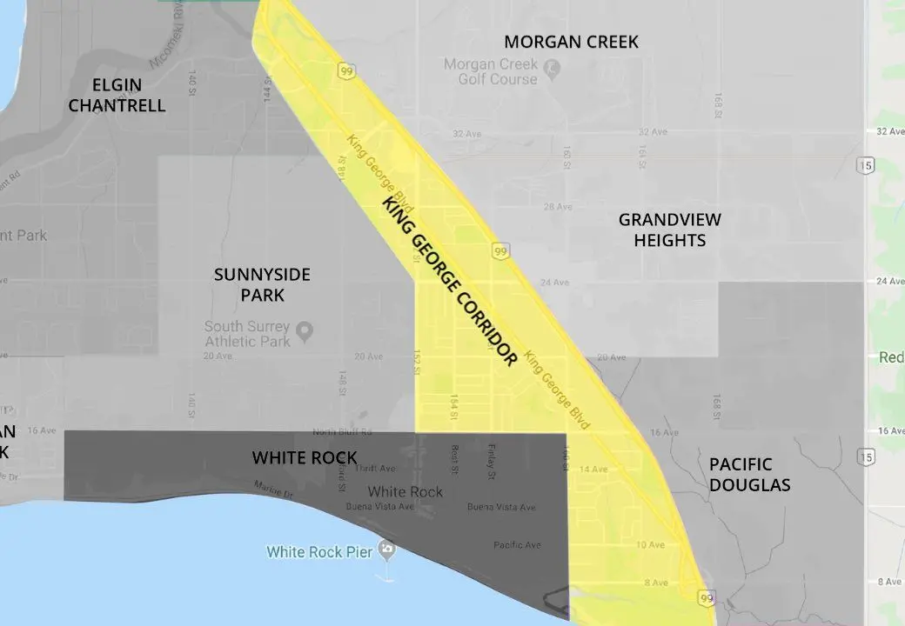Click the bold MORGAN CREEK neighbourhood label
(571, 42)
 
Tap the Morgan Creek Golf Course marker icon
(551, 65)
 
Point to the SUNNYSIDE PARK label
(262, 285)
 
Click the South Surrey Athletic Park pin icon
(304, 330)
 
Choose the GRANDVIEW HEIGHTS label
(669, 230)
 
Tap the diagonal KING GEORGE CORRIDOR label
(450, 280)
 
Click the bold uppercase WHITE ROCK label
(305, 457)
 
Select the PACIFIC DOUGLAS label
(749, 475)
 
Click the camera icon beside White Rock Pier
(388, 549)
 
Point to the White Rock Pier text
(319, 551)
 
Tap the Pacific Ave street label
(517, 545)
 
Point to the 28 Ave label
(557, 207)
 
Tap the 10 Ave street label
(649, 545)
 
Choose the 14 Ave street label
(594, 469)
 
